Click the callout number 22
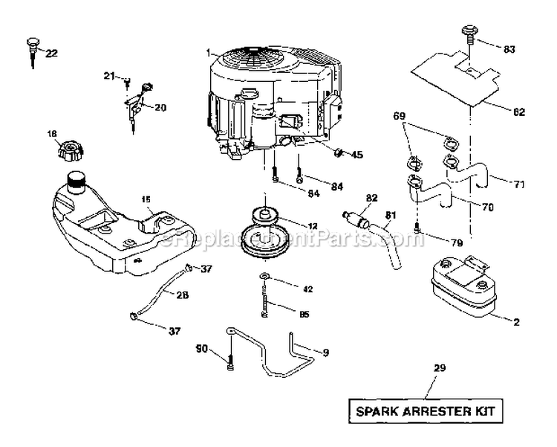click(x=51, y=53)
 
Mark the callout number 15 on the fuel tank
click(x=146, y=199)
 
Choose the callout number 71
click(x=499, y=181)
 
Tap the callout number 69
click(x=399, y=118)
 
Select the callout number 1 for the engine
click(x=209, y=52)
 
